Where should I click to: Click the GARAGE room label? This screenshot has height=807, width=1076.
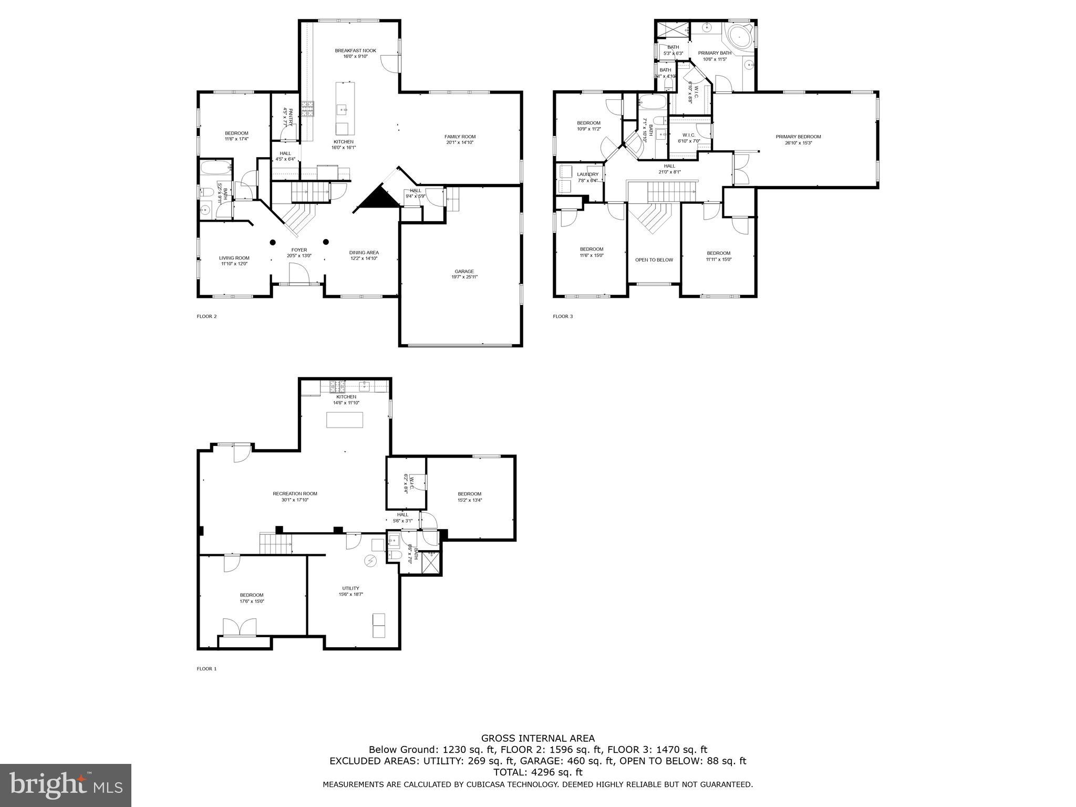(x=464, y=272)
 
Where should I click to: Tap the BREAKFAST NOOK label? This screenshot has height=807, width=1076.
(x=356, y=51)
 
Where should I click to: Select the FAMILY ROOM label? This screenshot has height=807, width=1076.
(x=460, y=137)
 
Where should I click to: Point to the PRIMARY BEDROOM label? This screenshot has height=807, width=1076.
(x=798, y=137)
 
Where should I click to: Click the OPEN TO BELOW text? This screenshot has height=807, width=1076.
(x=654, y=260)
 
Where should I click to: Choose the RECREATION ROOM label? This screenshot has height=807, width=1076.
(x=295, y=494)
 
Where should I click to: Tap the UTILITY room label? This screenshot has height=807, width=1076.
(x=350, y=588)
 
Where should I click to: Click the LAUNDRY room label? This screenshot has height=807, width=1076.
(x=587, y=174)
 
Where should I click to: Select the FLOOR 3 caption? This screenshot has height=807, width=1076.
(x=563, y=316)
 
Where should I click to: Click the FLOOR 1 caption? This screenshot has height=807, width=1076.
(x=206, y=669)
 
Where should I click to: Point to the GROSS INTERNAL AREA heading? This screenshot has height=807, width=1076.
(x=538, y=738)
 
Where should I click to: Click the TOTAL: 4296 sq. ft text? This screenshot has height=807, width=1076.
(x=538, y=772)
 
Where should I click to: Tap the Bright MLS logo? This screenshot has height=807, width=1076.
(x=66, y=785)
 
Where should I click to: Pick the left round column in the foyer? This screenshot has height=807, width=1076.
(x=273, y=242)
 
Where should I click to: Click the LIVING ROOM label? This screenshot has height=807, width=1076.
(x=234, y=258)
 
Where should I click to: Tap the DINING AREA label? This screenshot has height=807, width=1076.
(x=364, y=253)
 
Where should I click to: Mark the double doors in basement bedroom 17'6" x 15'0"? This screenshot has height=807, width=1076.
(x=240, y=628)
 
